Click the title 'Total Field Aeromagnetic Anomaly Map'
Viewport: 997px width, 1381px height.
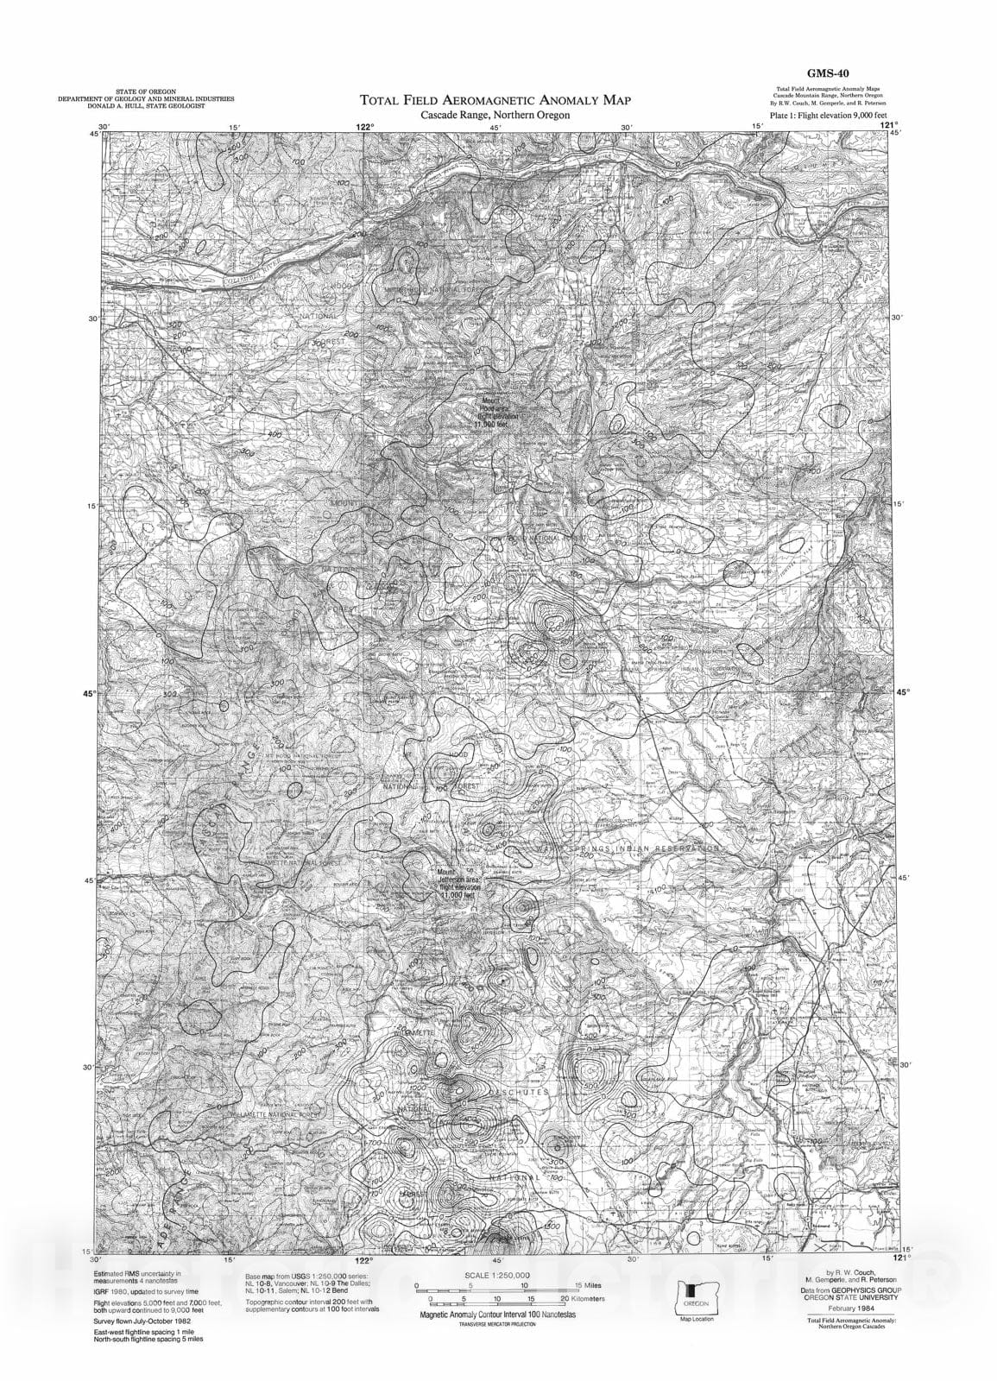pos(502,101)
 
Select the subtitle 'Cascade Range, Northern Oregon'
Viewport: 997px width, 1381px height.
pos(495,116)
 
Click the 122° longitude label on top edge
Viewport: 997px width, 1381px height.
pos(366,127)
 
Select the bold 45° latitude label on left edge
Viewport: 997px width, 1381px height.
pos(90,691)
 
